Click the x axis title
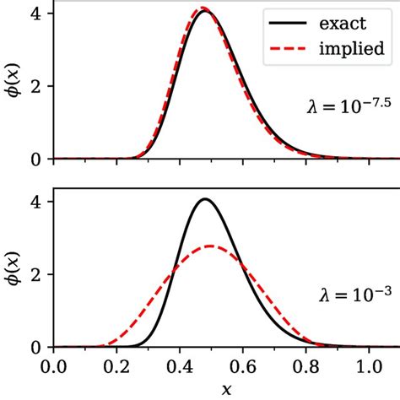(224, 389)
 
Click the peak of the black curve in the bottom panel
(204, 199)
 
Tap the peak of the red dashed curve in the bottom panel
(210, 246)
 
